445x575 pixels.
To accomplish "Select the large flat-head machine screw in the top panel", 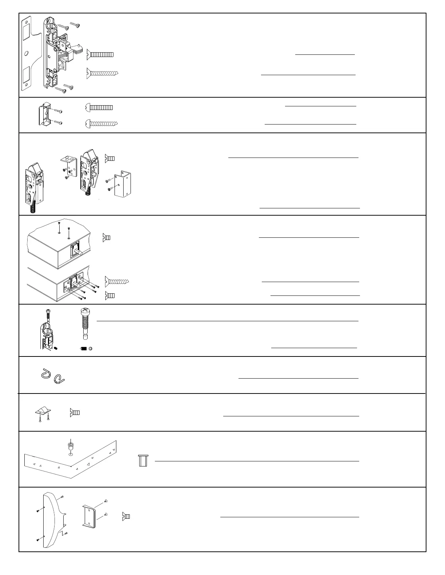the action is click(x=100, y=55).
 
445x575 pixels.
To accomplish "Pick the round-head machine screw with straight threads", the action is click(x=99, y=107).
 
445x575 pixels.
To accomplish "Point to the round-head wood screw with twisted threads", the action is click(x=101, y=124).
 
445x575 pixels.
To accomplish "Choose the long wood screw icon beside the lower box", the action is click(x=117, y=281).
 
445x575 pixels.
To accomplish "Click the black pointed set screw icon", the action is click(x=83, y=348).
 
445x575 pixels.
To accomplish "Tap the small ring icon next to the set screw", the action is click(x=91, y=348).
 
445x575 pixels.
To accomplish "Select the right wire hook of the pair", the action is click(x=59, y=379).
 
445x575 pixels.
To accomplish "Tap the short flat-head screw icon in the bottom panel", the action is click(x=126, y=516).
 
